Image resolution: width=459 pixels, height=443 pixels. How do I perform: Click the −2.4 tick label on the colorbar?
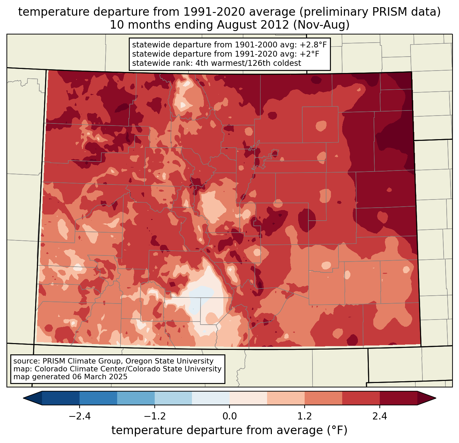(80, 416)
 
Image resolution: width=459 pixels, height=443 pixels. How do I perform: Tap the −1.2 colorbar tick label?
(154, 416)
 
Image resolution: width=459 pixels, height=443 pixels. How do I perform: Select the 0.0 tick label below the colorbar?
(229, 416)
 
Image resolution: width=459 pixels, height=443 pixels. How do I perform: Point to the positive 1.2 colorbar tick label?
(305, 416)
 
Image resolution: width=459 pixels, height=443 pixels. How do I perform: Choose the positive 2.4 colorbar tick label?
(379, 416)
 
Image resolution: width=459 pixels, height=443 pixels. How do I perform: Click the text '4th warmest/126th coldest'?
(248, 63)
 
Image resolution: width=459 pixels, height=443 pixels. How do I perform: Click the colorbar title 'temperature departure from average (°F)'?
(229, 430)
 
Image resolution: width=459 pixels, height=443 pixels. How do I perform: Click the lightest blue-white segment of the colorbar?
(211, 398)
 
